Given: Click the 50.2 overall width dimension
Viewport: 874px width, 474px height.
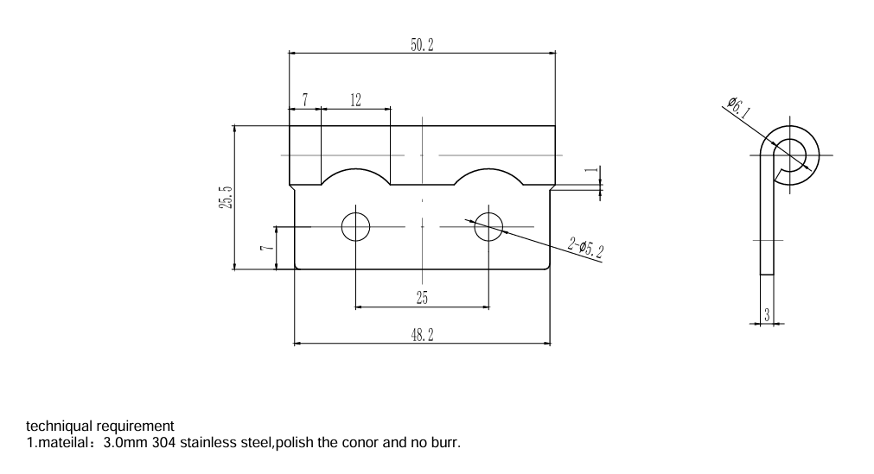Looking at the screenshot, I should (422, 46).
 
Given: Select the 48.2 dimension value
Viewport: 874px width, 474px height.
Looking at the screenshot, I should (422, 335).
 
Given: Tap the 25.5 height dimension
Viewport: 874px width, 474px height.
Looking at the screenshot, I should (226, 197).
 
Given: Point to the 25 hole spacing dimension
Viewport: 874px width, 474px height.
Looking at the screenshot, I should (422, 298).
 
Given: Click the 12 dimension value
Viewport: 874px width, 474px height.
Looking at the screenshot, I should (355, 100).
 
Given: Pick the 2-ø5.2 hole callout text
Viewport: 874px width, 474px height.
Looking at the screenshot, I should (586, 250).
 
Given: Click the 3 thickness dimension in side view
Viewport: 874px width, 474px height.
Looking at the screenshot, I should (767, 315).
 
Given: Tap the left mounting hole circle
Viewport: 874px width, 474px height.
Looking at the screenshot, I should (355, 227).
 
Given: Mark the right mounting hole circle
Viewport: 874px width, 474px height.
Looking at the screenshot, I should (488, 227).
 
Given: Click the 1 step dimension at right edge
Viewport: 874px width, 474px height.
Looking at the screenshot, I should (592, 171).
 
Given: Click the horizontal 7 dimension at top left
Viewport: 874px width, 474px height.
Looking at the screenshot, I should (304, 100).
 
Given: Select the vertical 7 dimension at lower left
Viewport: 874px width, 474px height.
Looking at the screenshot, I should (267, 249).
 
